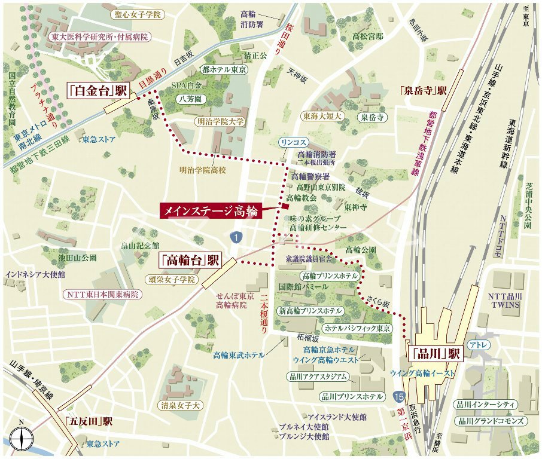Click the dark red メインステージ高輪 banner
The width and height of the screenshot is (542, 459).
211,210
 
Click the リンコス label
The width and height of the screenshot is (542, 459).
293,142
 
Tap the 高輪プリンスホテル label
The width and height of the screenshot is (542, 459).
330,276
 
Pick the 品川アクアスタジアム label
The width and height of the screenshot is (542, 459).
318,377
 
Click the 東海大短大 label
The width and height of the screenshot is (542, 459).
322,116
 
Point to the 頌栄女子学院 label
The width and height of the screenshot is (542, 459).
171,280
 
